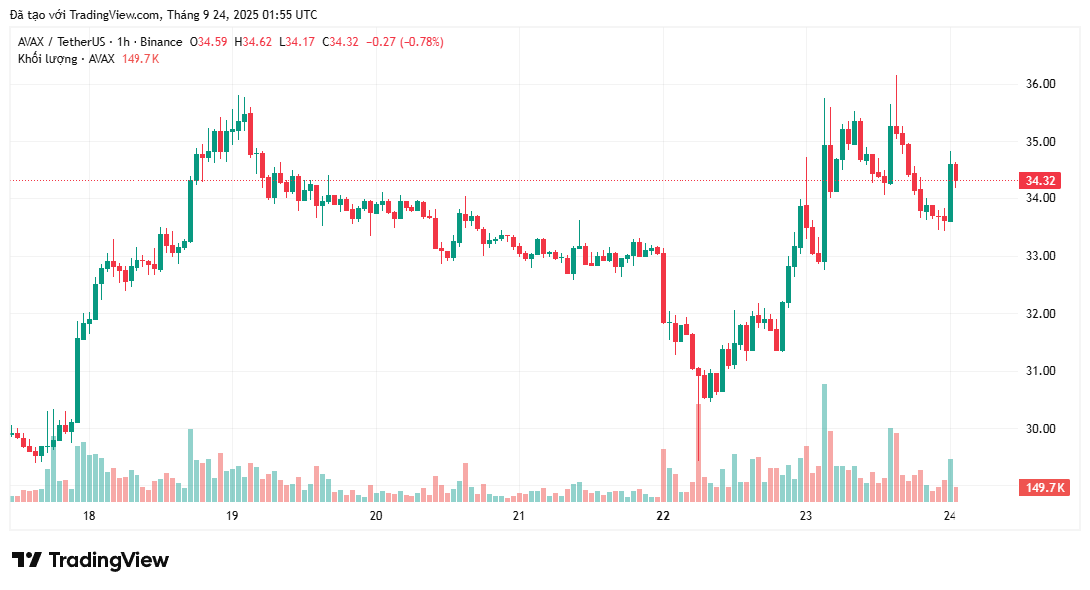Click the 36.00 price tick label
coord(1041,84)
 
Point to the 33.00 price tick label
coord(1041,256)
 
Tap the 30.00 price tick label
coord(1041,429)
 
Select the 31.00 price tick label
coord(1041,371)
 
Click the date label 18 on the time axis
coord(89,516)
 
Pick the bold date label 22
coord(663,516)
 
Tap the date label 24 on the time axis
coord(950,516)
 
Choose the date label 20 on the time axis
coord(376,516)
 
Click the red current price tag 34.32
coord(1040,181)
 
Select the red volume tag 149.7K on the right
coord(1043,488)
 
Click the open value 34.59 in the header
coord(211,42)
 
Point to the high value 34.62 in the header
coord(256,42)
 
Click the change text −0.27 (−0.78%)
coord(404,42)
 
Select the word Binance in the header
coord(161,42)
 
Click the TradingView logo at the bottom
coord(91,560)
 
